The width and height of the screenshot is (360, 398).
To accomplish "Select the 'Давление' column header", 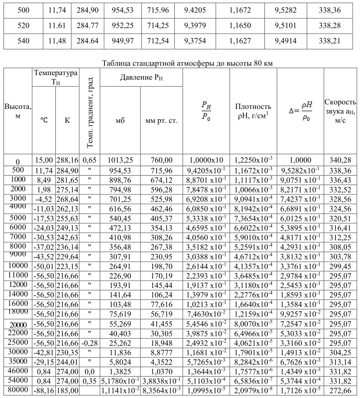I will (141, 78).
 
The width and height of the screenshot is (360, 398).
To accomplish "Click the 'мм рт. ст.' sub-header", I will (161, 120).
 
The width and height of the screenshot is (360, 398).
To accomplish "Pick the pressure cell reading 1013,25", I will (120, 160).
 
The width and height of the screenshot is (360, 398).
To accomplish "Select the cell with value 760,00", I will (161, 160).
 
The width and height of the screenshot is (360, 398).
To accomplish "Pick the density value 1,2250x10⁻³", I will (253, 160).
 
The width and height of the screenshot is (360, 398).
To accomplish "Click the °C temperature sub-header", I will (44, 120).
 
